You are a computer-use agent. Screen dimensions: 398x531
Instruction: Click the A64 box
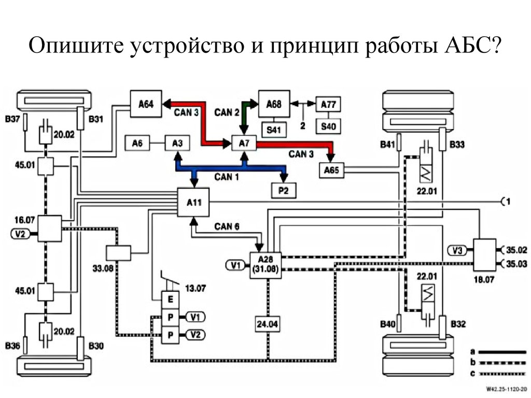pyautogui.click(x=146, y=104)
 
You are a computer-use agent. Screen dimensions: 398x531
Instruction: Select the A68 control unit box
pyautogui.click(x=274, y=104)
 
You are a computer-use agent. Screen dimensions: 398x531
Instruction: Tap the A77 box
pyautogui.click(x=328, y=104)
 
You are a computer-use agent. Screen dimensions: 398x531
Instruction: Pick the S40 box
pyautogui.click(x=328, y=126)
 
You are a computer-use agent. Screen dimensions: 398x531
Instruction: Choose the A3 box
pyautogui.click(x=177, y=144)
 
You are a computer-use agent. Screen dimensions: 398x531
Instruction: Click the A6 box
pyautogui.click(x=137, y=144)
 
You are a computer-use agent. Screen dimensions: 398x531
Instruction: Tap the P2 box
pyautogui.click(x=284, y=191)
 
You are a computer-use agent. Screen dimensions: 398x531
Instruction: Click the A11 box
pyautogui.click(x=193, y=202)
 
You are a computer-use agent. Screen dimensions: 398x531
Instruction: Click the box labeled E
pyautogui.click(x=170, y=300)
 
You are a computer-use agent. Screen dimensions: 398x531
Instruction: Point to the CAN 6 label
pyautogui.click(x=227, y=226)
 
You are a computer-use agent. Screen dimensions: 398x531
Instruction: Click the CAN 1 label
pyautogui.click(x=227, y=177)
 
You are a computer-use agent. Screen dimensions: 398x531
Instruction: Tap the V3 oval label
pyautogui.click(x=457, y=251)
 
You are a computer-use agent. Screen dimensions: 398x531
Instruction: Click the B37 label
pyautogui.click(x=12, y=120)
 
